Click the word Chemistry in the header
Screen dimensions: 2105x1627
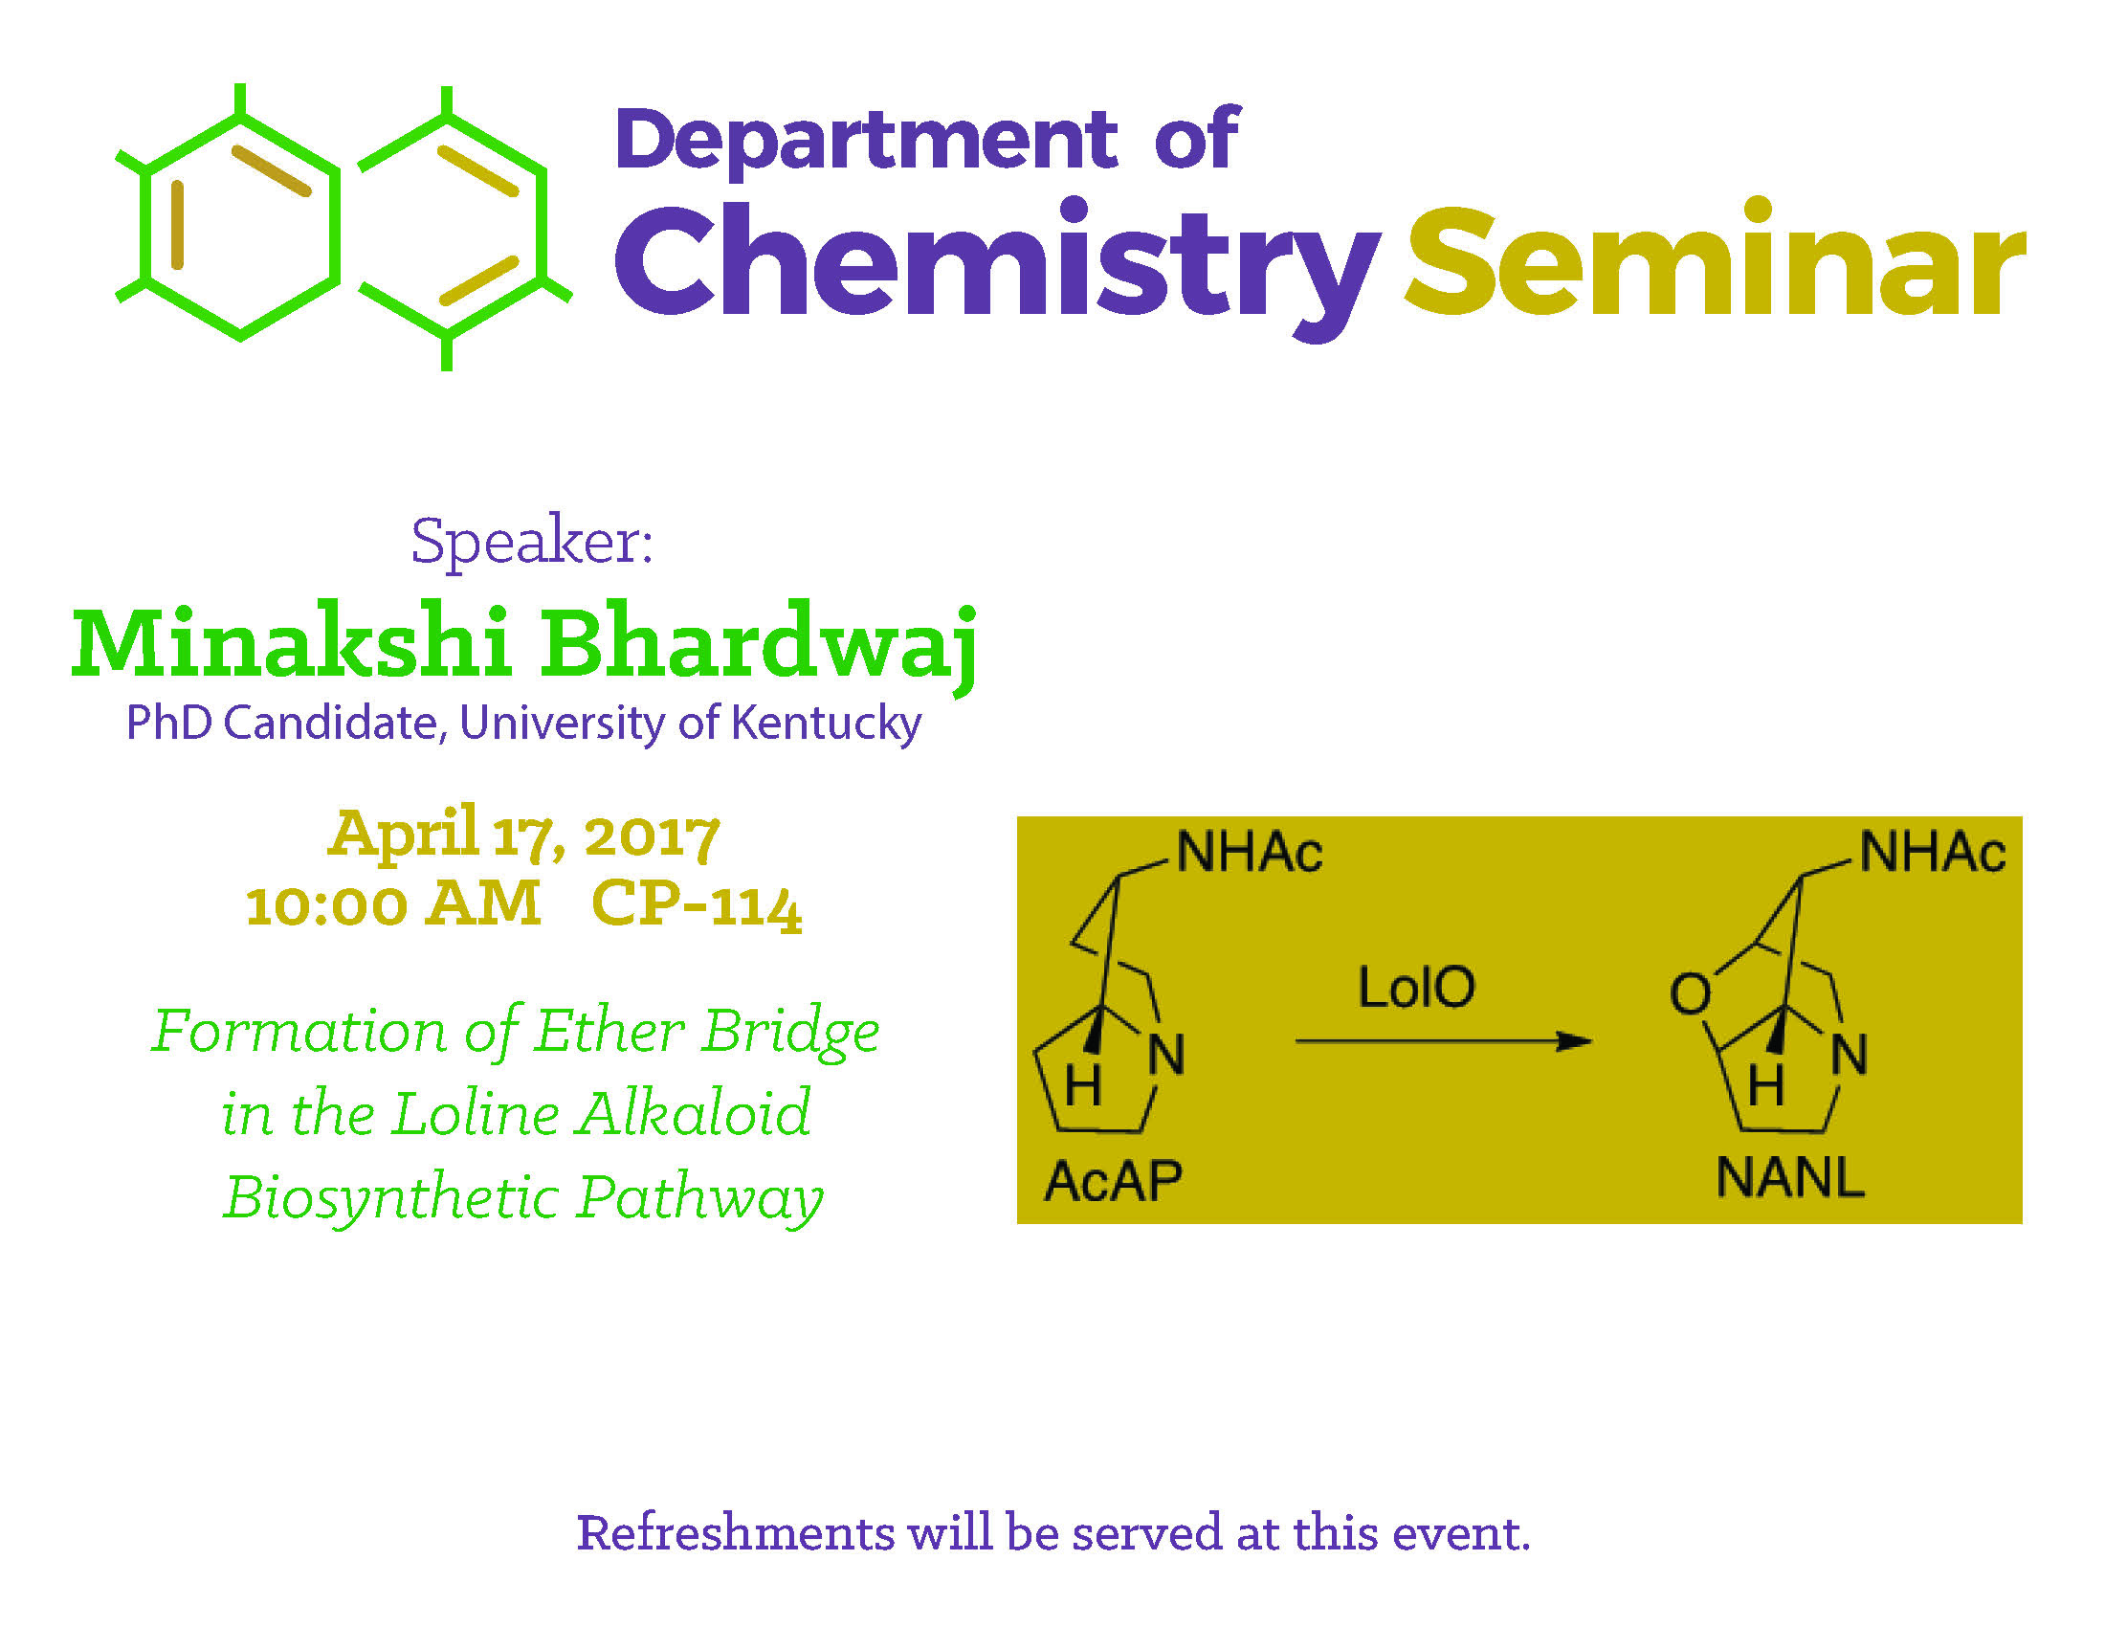(998, 268)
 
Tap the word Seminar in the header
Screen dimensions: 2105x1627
(1716, 258)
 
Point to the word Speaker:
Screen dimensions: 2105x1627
(532, 543)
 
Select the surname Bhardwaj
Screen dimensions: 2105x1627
(759, 646)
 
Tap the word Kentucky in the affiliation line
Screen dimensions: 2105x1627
(826, 723)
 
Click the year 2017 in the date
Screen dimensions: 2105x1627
(652, 835)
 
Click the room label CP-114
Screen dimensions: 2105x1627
(696, 905)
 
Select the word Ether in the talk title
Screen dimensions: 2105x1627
(609, 1032)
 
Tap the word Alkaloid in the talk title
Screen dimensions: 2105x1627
(694, 1114)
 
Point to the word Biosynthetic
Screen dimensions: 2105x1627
(391, 1199)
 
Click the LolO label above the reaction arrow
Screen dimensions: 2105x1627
(1416, 987)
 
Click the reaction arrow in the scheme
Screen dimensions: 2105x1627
(1443, 1041)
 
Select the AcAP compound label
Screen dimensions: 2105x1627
(1113, 1181)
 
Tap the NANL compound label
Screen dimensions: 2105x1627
(1790, 1177)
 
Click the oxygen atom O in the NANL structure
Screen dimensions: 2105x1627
(1691, 993)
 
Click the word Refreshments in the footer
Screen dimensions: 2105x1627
(736, 1533)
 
